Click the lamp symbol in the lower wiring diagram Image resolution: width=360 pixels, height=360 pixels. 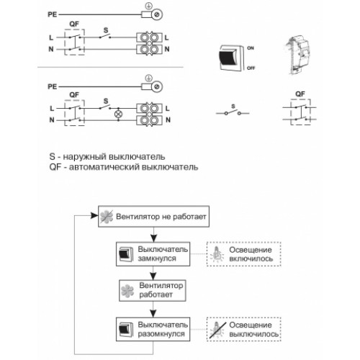118,114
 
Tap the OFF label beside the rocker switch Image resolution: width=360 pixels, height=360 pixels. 251,68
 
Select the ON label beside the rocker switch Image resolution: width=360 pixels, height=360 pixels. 251,48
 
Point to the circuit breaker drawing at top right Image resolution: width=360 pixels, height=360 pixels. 297,55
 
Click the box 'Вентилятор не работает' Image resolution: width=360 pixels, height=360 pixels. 153,216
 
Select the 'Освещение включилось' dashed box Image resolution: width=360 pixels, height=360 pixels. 243,254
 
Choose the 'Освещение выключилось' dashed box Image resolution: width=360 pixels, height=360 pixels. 243,329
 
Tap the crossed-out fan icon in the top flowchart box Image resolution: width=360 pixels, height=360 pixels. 107,217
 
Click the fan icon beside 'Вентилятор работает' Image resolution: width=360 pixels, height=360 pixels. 127,291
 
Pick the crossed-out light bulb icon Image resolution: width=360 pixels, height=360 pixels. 217,330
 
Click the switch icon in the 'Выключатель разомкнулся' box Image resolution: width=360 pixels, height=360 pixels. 126,329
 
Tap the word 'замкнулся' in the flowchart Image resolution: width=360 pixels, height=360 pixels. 157,258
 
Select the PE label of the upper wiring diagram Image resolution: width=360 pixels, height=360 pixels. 53,14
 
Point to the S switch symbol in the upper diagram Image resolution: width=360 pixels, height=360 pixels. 105,35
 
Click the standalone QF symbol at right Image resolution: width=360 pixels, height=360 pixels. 300,112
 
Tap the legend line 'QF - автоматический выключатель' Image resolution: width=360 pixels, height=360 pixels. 124,167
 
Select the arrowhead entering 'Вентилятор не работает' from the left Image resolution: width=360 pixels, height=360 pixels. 94,215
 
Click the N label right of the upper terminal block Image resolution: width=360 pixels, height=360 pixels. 167,49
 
